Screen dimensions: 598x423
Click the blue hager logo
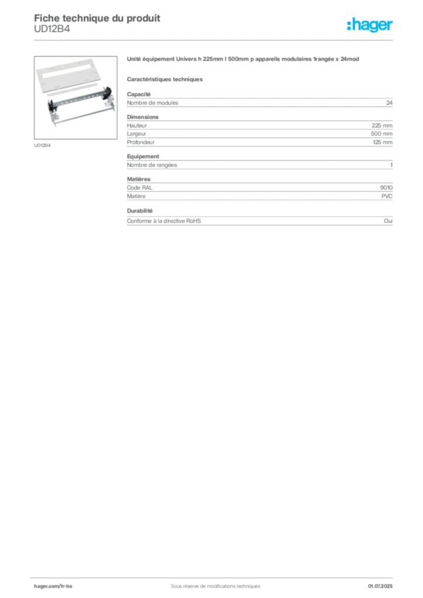pos(371,26)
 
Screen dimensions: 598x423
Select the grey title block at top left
pos(96,17)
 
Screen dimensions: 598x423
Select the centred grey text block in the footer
pos(211,582)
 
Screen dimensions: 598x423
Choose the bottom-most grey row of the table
pos(259,222)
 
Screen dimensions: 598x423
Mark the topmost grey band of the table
pos(259,103)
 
